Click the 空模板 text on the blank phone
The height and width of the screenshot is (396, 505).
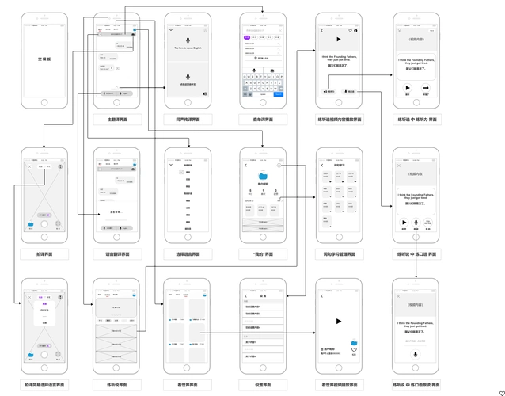pos(44,59)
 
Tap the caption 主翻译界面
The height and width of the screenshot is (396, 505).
pos(117,120)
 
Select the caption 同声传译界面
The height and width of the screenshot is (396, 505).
pos(188,120)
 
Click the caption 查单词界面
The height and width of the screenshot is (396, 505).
pos(261,120)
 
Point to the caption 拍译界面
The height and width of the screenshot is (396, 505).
pos(44,254)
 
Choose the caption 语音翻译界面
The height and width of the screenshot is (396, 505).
pos(117,254)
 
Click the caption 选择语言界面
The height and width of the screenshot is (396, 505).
pos(188,254)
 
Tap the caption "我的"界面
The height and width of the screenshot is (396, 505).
pos(261,254)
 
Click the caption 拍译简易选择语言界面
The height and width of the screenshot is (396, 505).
pos(44,385)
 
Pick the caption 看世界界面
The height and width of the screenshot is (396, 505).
pos(188,385)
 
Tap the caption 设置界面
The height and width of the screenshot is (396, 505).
pos(261,385)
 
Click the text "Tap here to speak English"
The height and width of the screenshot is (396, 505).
pos(188,49)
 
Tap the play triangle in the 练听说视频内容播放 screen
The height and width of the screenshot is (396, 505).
pos(338,39)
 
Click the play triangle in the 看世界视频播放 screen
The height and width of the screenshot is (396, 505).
pos(338,321)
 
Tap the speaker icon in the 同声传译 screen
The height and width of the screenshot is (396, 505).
pos(204,93)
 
